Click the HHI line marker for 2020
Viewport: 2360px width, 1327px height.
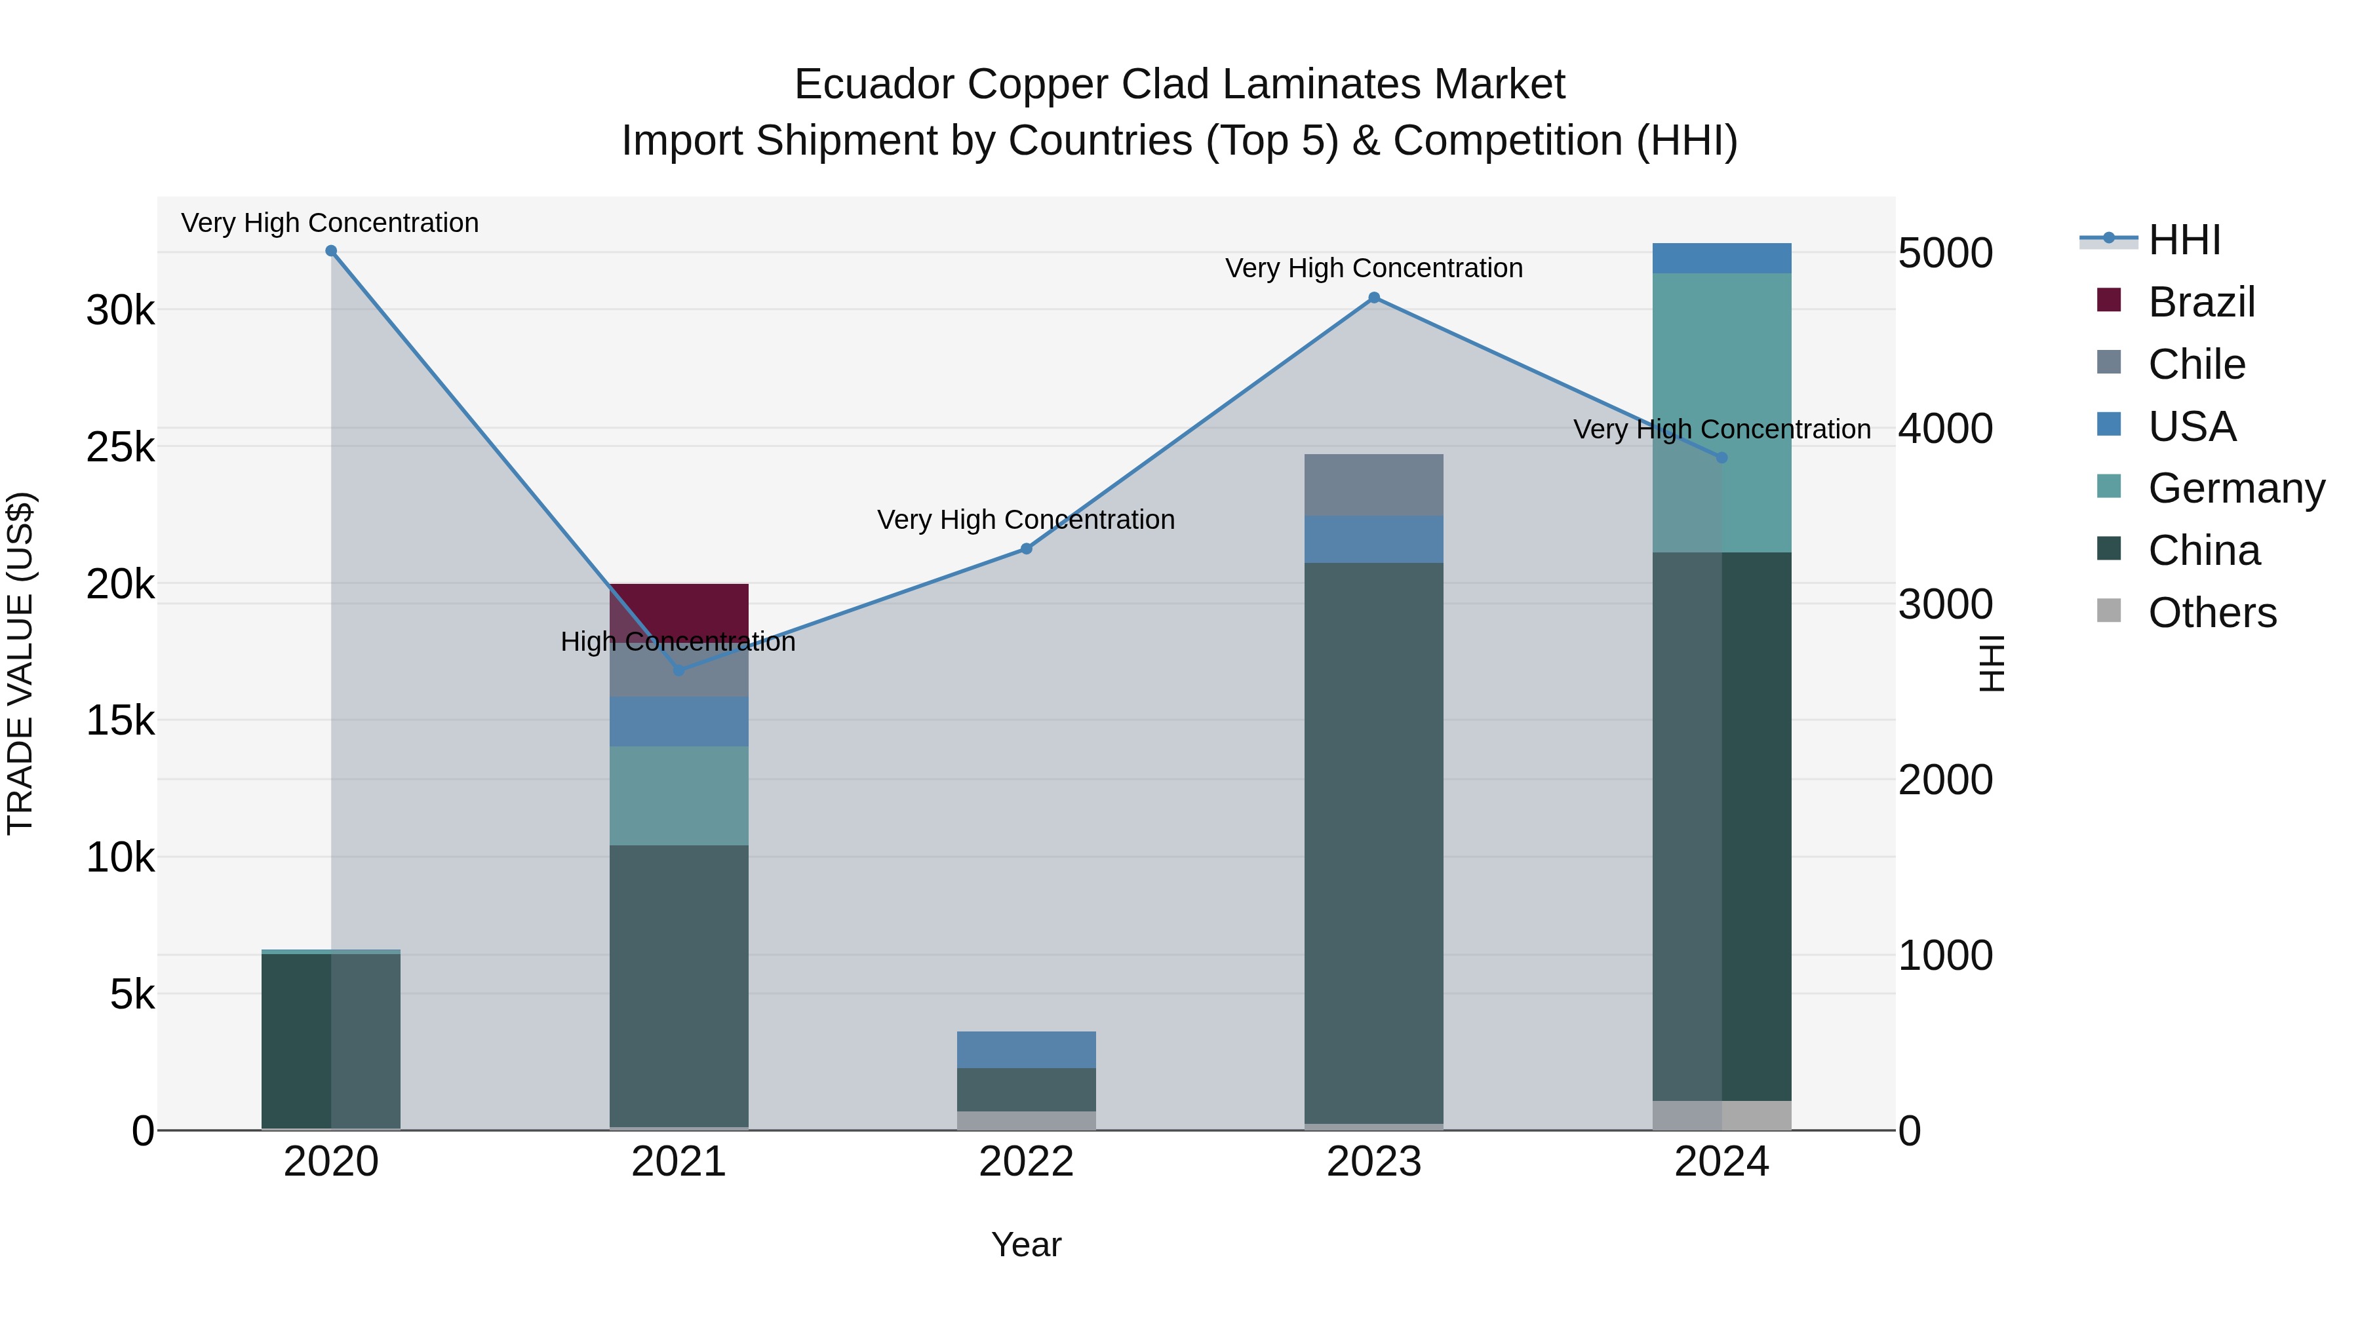[x=331, y=251]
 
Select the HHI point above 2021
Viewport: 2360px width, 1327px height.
[x=679, y=670]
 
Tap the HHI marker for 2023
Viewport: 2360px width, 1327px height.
[x=1373, y=298]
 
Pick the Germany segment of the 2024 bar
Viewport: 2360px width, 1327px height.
[x=1721, y=412]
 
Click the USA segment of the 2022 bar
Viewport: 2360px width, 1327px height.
[x=1026, y=1050]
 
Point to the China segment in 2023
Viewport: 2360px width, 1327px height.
[x=1373, y=843]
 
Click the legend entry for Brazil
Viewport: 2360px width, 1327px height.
[x=2201, y=302]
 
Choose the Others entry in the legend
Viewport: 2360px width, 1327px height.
[x=2212, y=613]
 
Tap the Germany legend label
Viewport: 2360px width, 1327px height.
[x=2235, y=488]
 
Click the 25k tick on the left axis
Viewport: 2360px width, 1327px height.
[x=120, y=447]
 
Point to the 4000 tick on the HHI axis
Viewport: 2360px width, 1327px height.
[x=1944, y=428]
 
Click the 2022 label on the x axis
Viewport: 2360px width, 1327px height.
[x=1026, y=1162]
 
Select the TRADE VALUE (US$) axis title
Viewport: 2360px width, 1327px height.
[x=20, y=663]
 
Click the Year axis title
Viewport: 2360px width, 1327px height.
[x=1026, y=1244]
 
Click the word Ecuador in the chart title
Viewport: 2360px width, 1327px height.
[x=875, y=85]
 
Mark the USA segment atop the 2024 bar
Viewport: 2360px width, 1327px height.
[x=1721, y=258]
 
